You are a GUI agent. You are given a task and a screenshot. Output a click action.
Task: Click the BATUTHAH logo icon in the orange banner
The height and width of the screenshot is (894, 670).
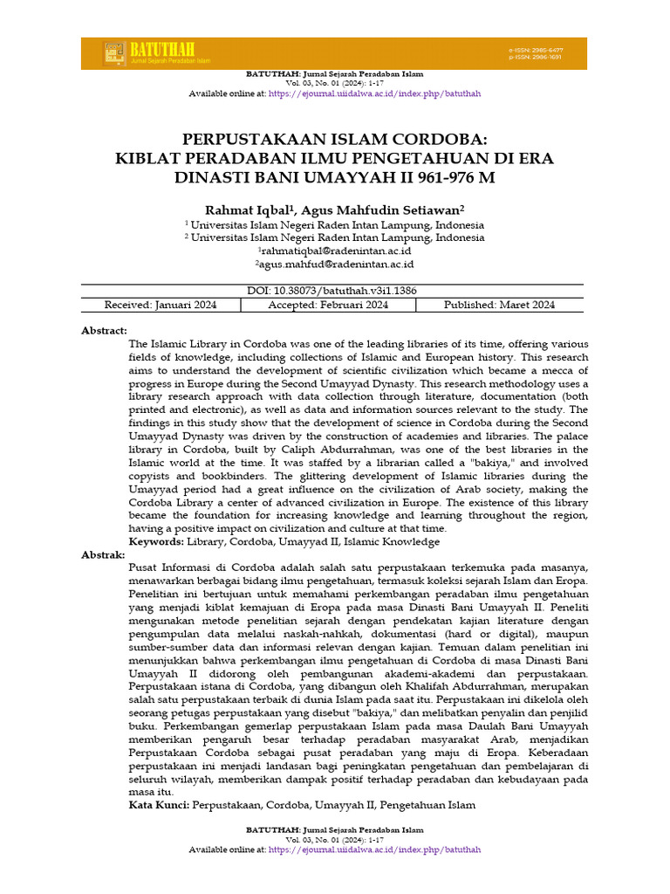coord(113,54)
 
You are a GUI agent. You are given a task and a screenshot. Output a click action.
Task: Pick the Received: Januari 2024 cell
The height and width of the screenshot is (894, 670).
coord(161,305)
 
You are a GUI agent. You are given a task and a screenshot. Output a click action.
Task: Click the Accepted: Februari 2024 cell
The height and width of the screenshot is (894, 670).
coord(328,305)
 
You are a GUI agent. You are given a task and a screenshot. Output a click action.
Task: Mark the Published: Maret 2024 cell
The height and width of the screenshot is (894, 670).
coord(499,305)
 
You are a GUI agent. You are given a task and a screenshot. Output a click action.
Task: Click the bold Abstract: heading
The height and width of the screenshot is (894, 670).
coord(105,331)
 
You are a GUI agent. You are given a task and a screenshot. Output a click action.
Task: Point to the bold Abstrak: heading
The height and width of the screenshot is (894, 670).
coord(104,554)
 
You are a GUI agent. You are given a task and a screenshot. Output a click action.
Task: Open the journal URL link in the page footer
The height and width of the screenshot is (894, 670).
coord(374,849)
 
